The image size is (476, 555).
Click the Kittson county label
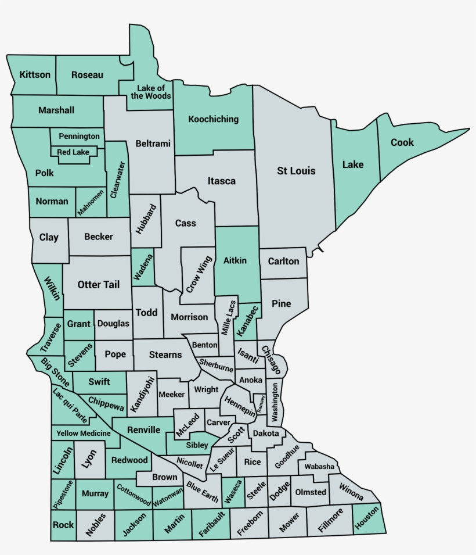35,75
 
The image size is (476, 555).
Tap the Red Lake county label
73,152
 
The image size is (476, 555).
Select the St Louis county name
296,171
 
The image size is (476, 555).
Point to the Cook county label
402,142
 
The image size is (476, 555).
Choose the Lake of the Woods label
151,92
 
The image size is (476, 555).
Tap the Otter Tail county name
99,285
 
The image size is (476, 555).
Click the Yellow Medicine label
84,434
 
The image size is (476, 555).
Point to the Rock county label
63,525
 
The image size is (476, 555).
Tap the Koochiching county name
214,119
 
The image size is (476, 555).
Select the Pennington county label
79,136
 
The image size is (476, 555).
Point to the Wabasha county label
319,467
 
